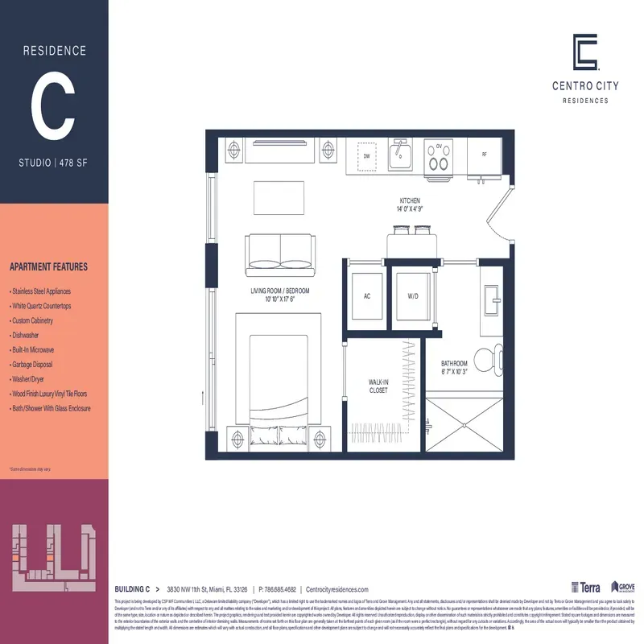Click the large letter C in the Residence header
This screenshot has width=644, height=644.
tap(54, 107)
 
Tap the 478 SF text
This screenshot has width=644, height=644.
tap(79, 163)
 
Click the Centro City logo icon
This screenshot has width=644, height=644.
tap(584, 52)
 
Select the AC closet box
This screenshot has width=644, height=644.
tap(367, 296)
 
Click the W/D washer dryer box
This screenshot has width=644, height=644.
tap(413, 296)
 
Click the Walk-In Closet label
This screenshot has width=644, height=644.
tap(378, 386)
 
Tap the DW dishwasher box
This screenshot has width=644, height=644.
tap(366, 155)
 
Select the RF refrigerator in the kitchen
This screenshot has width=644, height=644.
tap(485, 155)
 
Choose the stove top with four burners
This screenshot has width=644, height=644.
tap(439, 156)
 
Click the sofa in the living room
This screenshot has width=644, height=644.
tap(279, 252)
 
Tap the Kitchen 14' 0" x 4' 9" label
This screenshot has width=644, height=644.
tap(411, 204)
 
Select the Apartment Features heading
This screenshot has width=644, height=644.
tap(48, 267)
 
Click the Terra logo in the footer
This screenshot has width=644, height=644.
tap(585, 588)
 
